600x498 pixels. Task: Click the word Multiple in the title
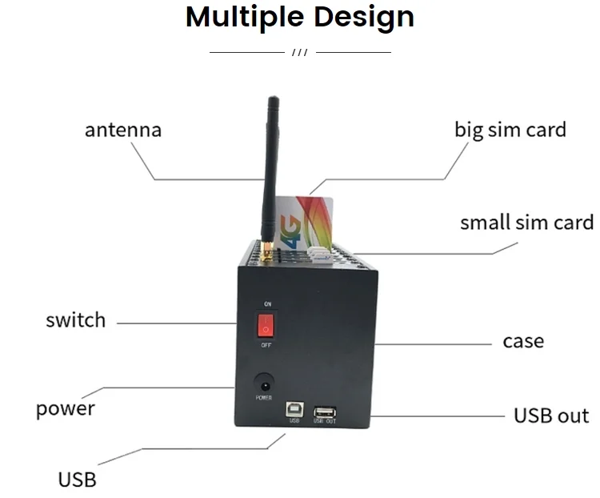(246, 17)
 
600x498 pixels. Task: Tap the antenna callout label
(123, 130)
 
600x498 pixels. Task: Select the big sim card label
(510, 130)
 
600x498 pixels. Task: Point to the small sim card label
(526, 222)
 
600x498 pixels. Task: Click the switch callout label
(75, 320)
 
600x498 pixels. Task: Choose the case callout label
(523, 341)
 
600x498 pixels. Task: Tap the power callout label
(66, 408)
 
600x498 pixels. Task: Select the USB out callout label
(551, 416)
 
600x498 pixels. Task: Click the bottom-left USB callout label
(77, 480)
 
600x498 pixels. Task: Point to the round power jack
(262, 382)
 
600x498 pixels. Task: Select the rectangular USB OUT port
(324, 412)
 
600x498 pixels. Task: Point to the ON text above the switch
(267, 305)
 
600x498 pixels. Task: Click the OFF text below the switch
(266, 346)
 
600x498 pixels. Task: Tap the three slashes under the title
(300, 53)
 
